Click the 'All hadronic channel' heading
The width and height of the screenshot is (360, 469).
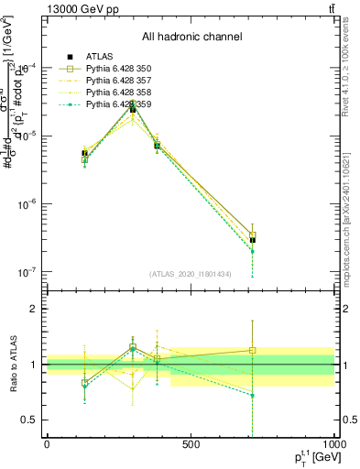click(191, 37)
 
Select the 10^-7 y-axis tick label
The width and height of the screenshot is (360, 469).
click(29, 272)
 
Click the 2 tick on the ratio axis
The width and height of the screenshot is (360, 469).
click(34, 309)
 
